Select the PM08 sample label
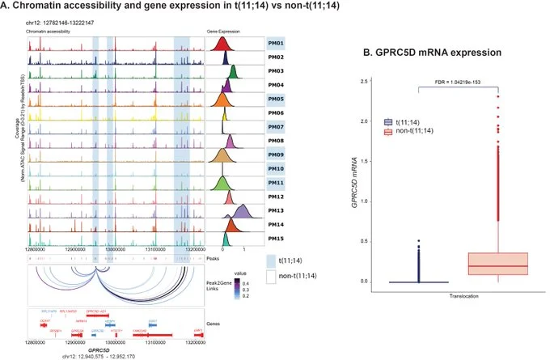275,141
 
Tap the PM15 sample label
275,239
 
